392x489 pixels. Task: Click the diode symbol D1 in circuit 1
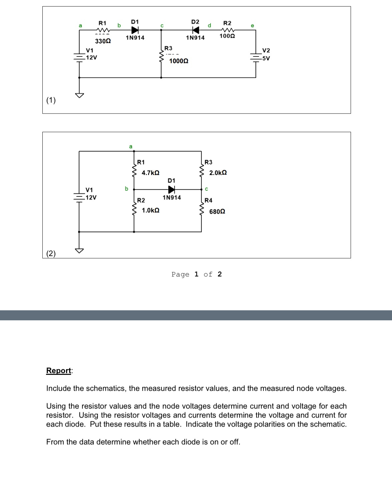point(135,30)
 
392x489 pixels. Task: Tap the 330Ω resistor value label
point(103,41)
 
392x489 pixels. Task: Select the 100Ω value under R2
point(227,36)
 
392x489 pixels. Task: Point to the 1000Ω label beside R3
point(179,61)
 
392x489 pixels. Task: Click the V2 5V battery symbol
point(256,58)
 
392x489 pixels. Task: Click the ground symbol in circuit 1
point(79,95)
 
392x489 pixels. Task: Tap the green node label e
point(252,25)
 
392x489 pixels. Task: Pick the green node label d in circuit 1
point(210,25)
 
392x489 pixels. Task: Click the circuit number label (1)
point(51,100)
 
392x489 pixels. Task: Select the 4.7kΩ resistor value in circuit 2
point(150,173)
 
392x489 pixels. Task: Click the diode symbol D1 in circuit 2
point(171,189)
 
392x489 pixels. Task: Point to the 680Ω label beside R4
point(217,211)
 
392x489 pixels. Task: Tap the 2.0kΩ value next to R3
point(218,173)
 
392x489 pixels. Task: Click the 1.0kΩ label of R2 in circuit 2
point(150,210)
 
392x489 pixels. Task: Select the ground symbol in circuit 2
point(79,251)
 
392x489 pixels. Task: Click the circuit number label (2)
point(51,254)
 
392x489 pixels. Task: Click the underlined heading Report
point(59,370)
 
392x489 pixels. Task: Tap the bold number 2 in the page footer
point(220,274)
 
